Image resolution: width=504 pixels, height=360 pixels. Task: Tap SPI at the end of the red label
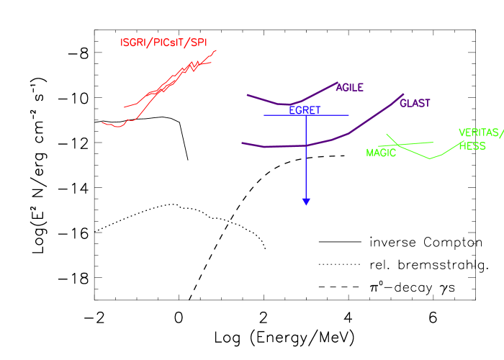tap(199, 42)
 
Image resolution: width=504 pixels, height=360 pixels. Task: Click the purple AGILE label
tap(350, 88)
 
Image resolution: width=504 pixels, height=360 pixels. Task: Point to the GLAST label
tap(415, 104)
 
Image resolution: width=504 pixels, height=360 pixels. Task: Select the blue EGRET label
tap(305, 110)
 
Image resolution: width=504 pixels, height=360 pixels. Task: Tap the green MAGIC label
tap(381, 153)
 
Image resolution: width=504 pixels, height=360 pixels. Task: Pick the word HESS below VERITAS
tap(472, 146)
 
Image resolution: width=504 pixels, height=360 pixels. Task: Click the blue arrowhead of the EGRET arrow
tap(306, 202)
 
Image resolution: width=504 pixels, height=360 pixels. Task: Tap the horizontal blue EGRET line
tap(331, 115)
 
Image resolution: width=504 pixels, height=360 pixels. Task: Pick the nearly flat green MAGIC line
tap(418, 143)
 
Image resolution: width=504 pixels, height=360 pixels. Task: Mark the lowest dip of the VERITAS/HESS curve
tap(431, 158)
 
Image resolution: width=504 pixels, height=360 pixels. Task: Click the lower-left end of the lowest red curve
tap(103, 122)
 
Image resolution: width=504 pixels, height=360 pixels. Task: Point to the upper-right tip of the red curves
tap(216, 50)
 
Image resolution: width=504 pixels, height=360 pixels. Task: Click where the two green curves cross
tap(398, 145)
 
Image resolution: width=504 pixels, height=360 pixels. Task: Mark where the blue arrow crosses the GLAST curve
tap(306, 145)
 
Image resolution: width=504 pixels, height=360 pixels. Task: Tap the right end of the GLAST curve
tap(403, 94)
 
